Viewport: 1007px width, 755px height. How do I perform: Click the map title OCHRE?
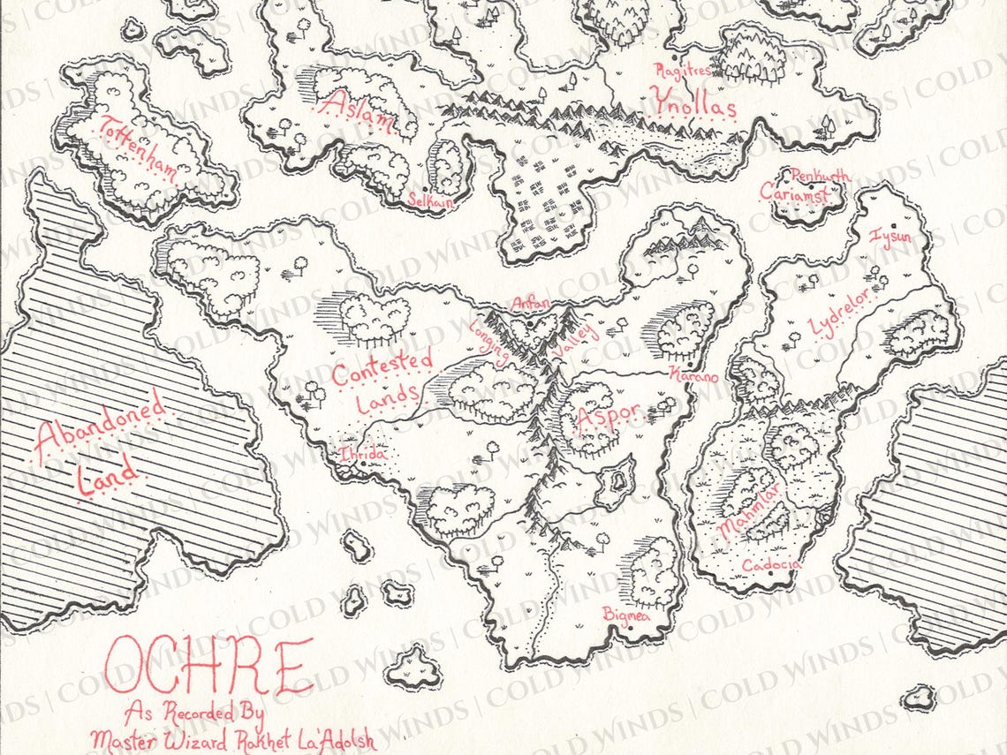click(x=208, y=667)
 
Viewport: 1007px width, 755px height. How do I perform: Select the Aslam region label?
click(x=357, y=111)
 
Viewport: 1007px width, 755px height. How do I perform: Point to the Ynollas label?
click(x=693, y=105)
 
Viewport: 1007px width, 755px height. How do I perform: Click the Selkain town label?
click(x=430, y=201)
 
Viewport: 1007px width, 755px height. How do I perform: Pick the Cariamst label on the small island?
click(x=794, y=193)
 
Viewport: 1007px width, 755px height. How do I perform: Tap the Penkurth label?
click(x=821, y=176)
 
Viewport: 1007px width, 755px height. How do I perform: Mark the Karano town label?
click(x=693, y=374)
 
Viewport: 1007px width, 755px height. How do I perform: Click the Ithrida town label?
click(x=362, y=454)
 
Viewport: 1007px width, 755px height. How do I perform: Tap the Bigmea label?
click(x=625, y=614)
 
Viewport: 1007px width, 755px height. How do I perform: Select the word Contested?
click(x=382, y=368)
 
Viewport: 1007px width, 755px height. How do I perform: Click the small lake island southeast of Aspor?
click(x=617, y=481)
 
